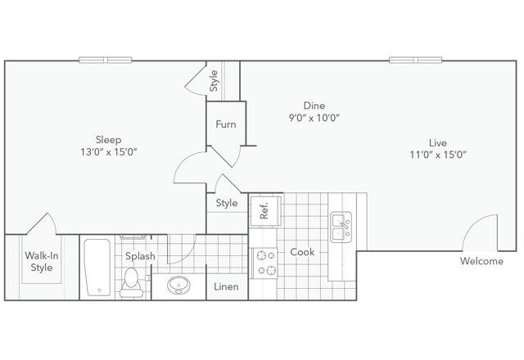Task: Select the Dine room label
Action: point(314,106)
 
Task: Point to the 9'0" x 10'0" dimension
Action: point(314,118)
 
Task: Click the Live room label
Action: point(437,142)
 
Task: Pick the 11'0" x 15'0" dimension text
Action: point(437,155)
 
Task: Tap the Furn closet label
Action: point(226,124)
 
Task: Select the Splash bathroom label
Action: point(140,256)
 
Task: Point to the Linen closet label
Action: point(226,286)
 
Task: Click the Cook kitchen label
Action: point(302,252)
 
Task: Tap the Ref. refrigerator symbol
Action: point(265,211)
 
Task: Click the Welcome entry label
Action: point(481,262)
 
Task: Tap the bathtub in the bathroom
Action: point(97,268)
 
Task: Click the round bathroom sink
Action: point(178,286)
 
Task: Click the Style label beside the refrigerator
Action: point(227,203)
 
